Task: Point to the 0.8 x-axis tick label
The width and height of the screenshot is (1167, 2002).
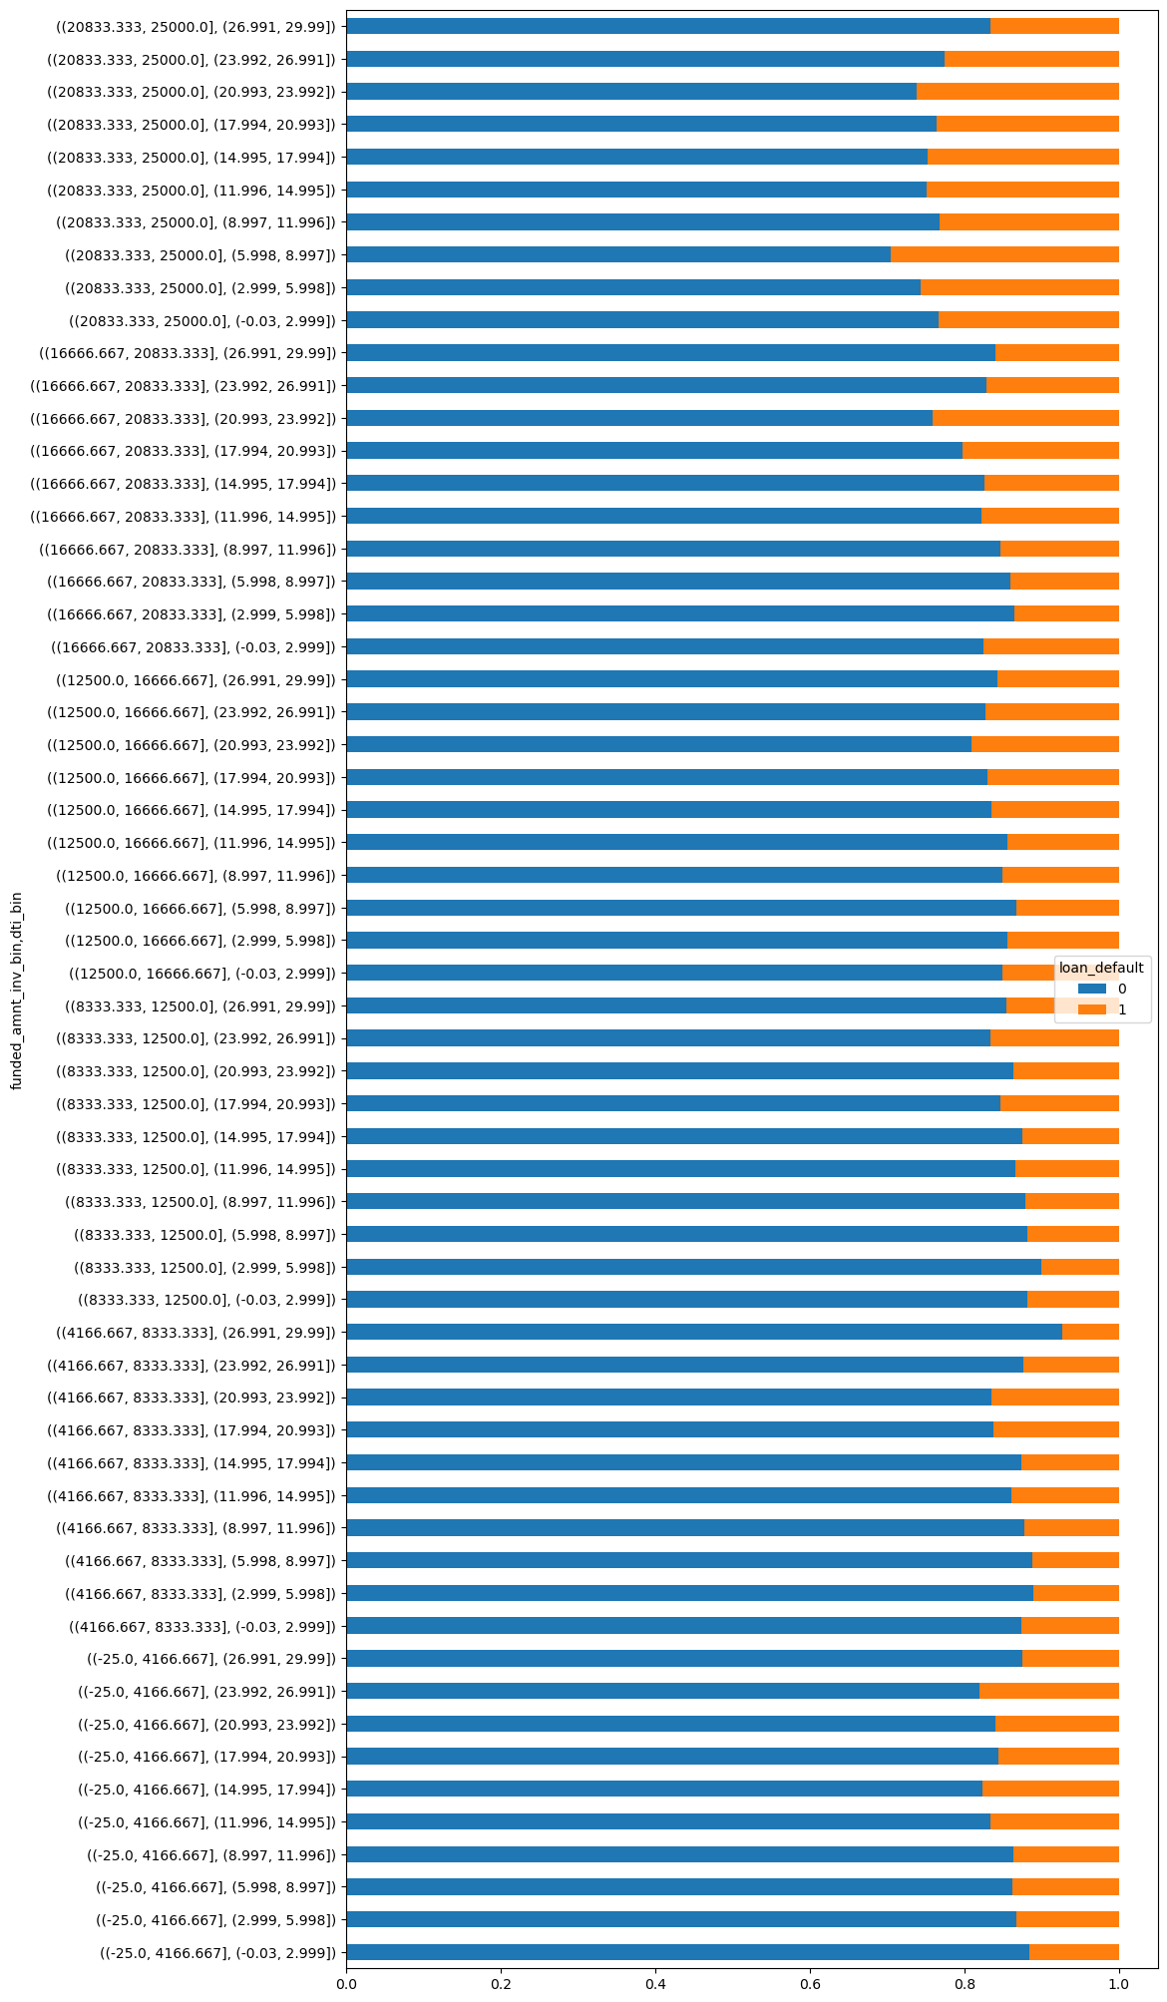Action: tap(965, 1985)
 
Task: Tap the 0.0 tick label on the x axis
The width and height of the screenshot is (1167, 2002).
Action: tap(346, 1985)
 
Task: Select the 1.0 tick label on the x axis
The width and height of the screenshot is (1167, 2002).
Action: tap(1119, 1985)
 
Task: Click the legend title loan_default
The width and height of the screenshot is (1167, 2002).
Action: tap(1101, 967)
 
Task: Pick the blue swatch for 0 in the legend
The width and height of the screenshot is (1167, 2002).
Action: tap(1092, 989)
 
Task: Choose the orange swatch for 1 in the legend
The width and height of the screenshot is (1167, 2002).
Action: tap(1092, 1009)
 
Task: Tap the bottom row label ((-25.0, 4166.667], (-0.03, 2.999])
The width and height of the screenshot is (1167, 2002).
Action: tap(217, 1952)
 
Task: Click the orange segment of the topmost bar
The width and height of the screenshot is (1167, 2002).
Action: tap(1054, 26)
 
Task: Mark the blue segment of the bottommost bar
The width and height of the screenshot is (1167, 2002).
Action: tap(687, 1952)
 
